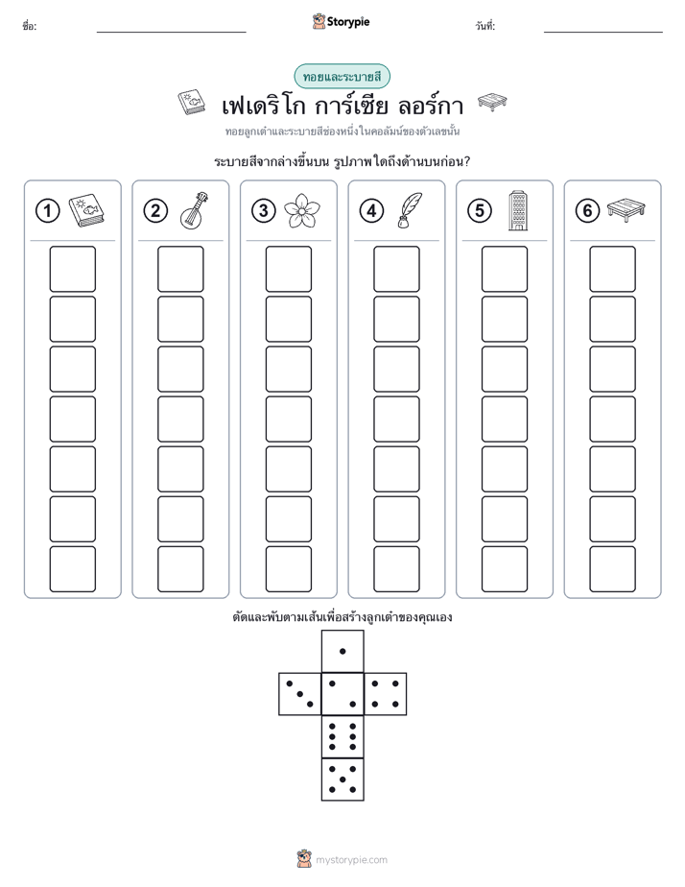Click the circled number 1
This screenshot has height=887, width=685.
(47, 211)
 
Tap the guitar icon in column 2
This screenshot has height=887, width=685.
(195, 210)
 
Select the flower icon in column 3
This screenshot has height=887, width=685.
(302, 210)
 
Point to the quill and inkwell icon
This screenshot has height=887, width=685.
(410, 211)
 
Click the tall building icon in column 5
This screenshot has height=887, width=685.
(518, 210)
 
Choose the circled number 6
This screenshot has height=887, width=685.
(587, 211)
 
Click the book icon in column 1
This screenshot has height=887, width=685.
(86, 211)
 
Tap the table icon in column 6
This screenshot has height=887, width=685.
(626, 210)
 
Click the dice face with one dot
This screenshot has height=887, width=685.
(342, 651)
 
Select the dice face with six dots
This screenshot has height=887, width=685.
(342, 736)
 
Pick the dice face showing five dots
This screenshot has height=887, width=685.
(342, 779)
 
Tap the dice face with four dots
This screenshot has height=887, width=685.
(386, 694)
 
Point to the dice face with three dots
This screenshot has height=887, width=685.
(299, 694)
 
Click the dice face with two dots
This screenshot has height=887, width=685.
(342, 694)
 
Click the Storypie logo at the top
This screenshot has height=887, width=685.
(341, 22)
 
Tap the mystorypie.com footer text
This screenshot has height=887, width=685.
(351, 860)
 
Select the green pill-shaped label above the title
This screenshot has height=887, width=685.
(342, 77)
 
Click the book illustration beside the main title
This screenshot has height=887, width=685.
(192, 103)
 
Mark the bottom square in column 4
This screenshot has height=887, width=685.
(397, 569)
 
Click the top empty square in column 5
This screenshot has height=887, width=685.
(505, 269)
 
